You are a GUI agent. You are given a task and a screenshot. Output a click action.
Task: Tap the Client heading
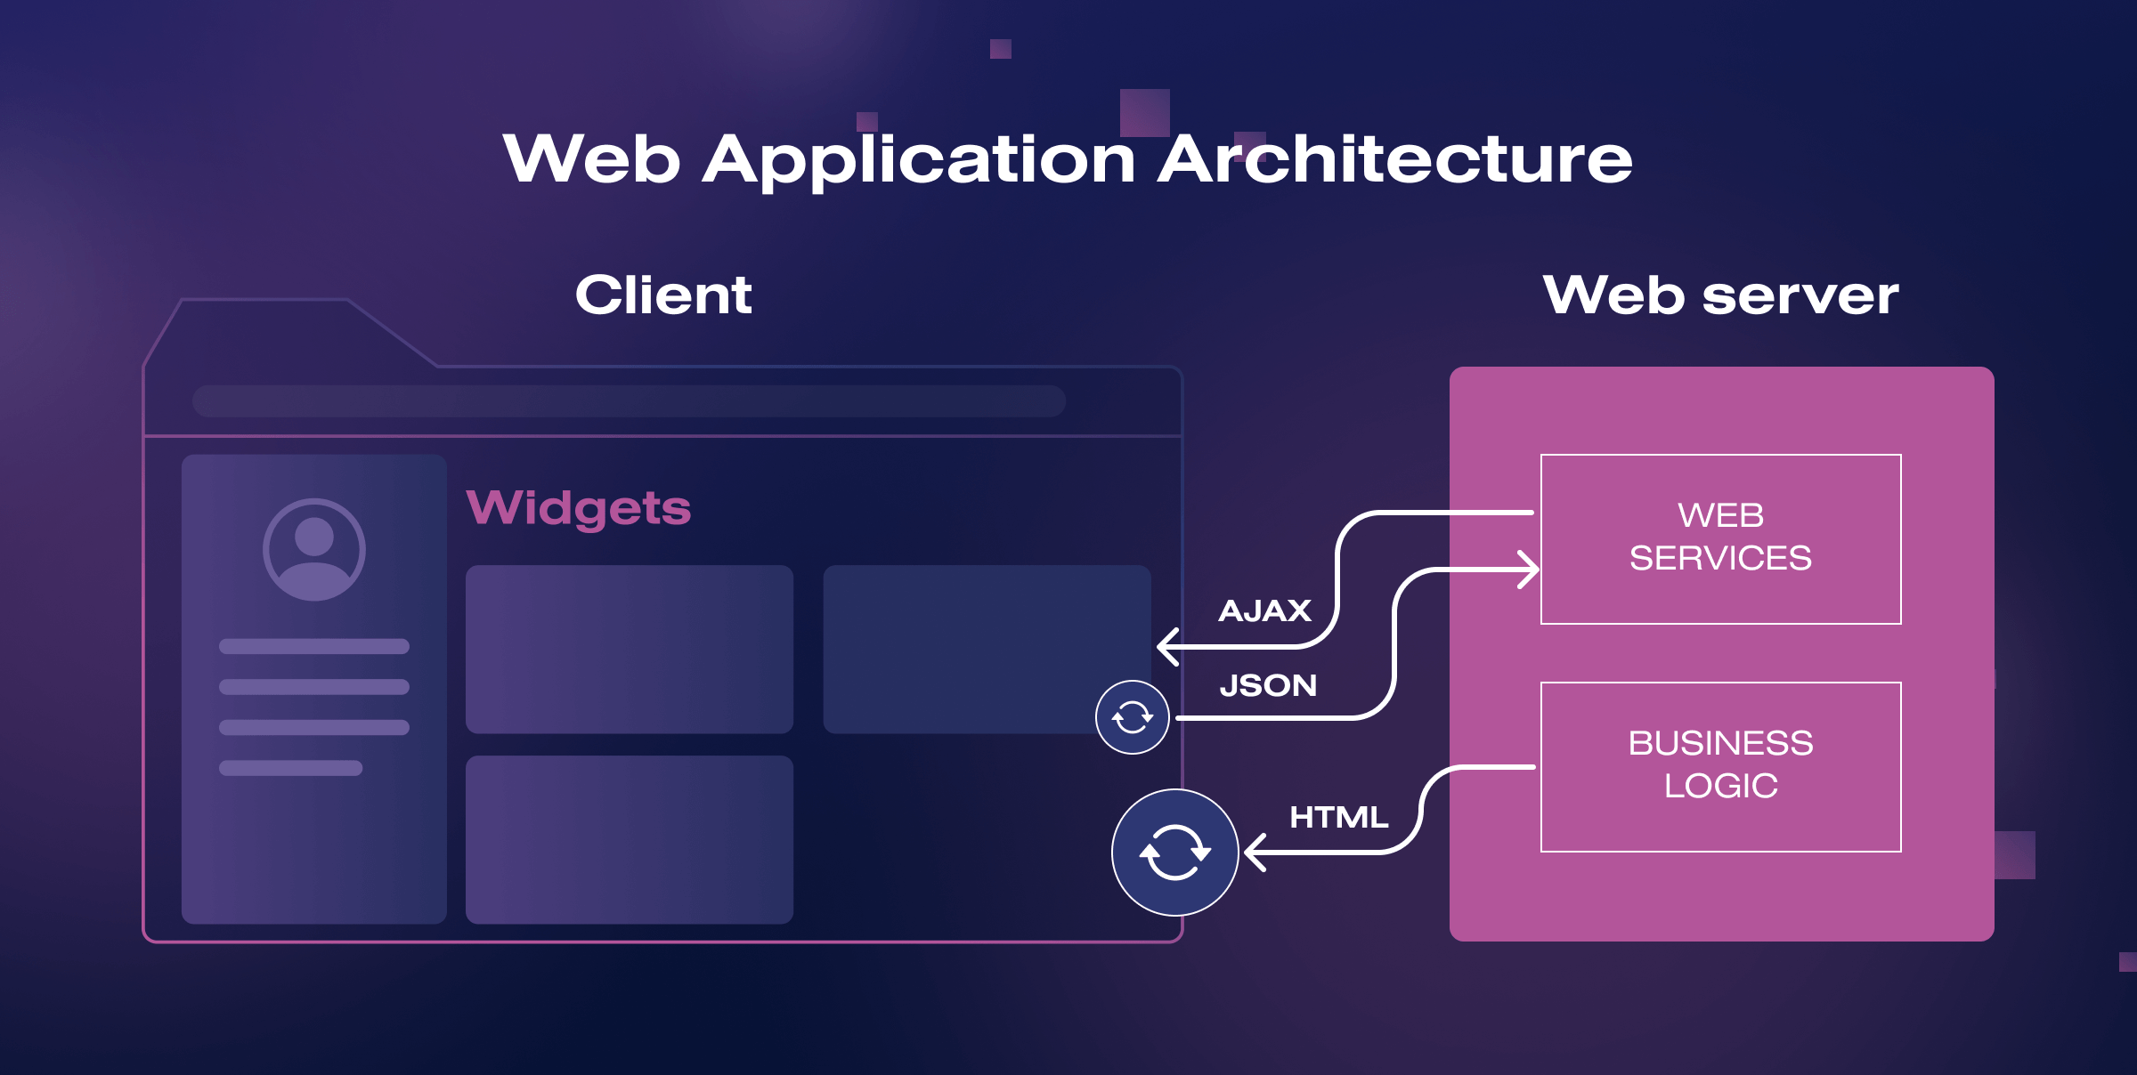(x=663, y=295)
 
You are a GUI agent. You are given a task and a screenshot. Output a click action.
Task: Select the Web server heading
(x=1720, y=295)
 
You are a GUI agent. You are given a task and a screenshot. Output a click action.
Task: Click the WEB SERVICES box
(x=1720, y=538)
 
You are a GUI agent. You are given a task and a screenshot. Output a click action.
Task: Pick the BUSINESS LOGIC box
(x=1720, y=766)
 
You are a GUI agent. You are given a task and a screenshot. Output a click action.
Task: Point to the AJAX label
(x=1264, y=610)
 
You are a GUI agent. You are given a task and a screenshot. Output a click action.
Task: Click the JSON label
(x=1268, y=685)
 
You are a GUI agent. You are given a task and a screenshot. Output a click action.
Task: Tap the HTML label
(x=1338, y=817)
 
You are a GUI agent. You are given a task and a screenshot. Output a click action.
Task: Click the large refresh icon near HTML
(x=1174, y=853)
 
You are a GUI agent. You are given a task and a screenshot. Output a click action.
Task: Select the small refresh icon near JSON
(x=1132, y=717)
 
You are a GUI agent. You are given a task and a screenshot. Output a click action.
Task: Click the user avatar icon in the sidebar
(x=313, y=549)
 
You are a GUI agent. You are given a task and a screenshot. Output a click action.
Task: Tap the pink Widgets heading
(x=579, y=508)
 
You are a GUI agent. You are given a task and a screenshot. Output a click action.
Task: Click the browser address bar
(x=629, y=401)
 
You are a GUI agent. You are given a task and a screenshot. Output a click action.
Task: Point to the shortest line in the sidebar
(x=290, y=768)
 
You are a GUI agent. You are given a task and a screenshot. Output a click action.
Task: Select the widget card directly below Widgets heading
(x=629, y=649)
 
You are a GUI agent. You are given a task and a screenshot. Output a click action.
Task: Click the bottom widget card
(x=629, y=839)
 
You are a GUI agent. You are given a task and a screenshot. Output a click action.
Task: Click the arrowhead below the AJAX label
(x=1166, y=646)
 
